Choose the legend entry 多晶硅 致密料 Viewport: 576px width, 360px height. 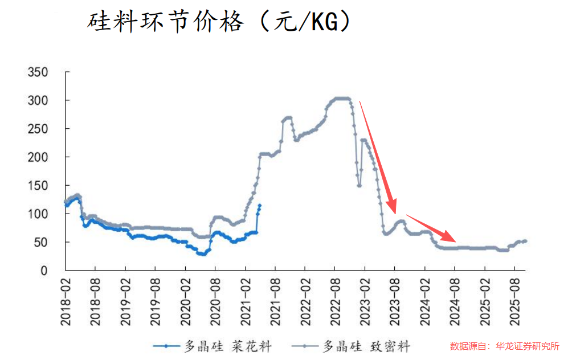[350, 345]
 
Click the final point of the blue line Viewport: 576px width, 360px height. [260, 206]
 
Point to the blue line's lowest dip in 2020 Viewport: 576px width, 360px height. [201, 254]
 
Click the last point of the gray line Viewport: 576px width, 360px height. [525, 241]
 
